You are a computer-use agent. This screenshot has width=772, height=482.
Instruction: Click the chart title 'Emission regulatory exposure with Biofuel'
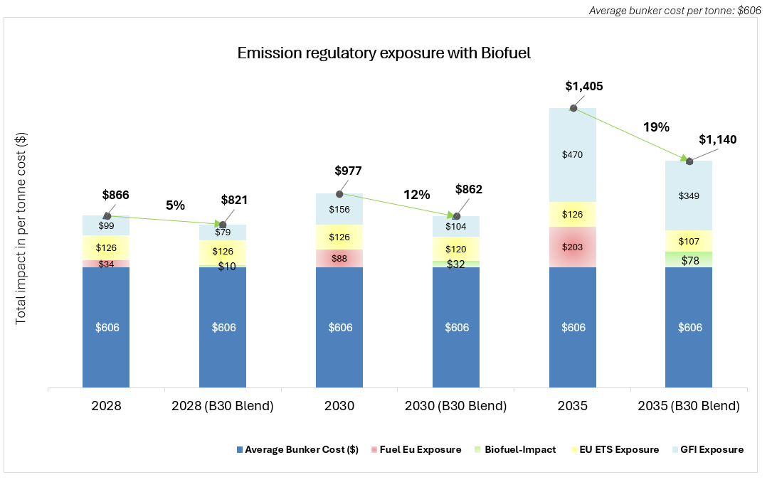pos(384,53)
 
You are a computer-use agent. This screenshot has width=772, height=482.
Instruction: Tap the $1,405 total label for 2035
pos(583,87)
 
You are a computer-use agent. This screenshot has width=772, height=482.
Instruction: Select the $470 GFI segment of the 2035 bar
pos(573,153)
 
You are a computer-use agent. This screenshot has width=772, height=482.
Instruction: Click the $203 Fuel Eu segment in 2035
pos(573,247)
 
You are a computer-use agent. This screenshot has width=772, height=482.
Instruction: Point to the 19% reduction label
pos(656,127)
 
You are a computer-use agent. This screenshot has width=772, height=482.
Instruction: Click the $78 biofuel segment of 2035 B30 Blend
pos(689,261)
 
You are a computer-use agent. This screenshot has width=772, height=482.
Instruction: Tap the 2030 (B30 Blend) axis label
pos(456,407)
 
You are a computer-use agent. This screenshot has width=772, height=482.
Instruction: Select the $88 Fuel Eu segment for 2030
pos(339,259)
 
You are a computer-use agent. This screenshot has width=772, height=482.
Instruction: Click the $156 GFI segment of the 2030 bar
pos(339,210)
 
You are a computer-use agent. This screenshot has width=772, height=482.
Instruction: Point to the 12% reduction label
pos(416,194)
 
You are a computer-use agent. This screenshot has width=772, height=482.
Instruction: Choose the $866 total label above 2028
pos(116,195)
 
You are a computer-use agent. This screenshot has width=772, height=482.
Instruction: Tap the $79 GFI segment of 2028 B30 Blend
pos(223,232)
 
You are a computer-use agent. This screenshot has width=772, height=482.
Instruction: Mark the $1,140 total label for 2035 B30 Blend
pos(717,140)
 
